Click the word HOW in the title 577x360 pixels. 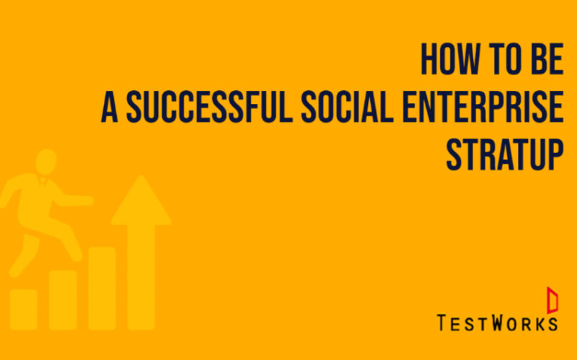(x=450, y=59)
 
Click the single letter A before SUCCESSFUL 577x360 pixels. (x=110, y=106)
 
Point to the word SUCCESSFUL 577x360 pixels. (x=209, y=106)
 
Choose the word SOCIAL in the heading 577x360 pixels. (x=348, y=106)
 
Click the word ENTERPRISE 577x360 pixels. (x=483, y=106)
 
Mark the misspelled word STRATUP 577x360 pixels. (x=505, y=154)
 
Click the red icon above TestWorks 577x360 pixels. (x=552, y=300)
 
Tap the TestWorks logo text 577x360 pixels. (x=497, y=322)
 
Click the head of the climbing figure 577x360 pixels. (x=46, y=162)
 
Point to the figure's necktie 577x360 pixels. (x=43, y=182)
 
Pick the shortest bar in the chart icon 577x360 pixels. (x=24, y=309)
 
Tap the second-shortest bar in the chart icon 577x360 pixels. (x=63, y=299)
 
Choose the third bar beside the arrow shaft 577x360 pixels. (x=102, y=289)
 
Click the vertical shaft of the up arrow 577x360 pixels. (x=141, y=277)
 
